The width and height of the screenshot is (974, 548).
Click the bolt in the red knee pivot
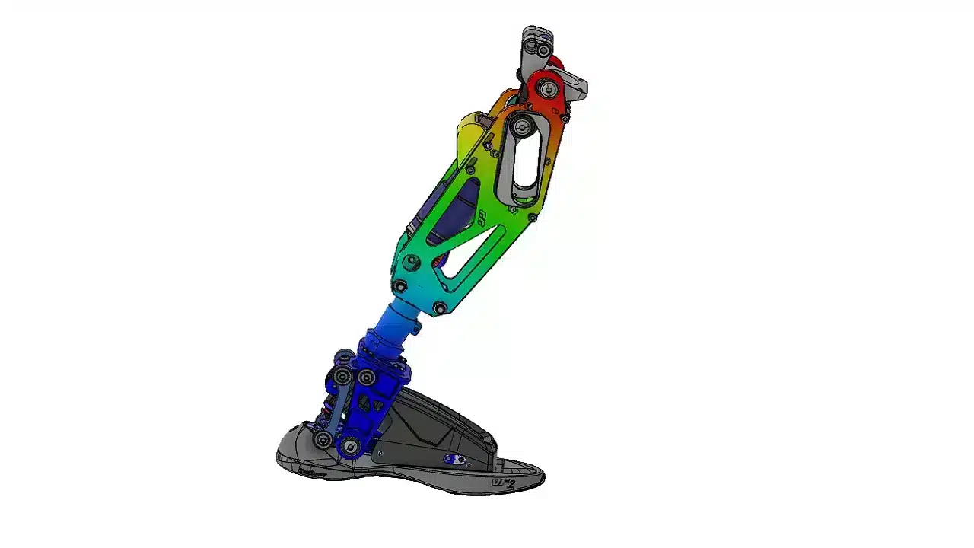[549, 91]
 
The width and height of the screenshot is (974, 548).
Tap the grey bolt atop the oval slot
[521, 126]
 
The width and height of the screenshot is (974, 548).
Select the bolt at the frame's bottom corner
[439, 308]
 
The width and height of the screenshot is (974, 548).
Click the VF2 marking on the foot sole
[503, 482]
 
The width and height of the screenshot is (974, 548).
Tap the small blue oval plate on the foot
[454, 459]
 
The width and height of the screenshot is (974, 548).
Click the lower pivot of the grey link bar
[323, 439]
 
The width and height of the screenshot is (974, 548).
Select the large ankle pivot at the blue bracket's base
[350, 446]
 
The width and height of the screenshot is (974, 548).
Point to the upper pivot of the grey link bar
[342, 378]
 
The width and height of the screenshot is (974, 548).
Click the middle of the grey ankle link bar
[333, 409]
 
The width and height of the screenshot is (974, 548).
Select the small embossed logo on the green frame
[482, 220]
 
